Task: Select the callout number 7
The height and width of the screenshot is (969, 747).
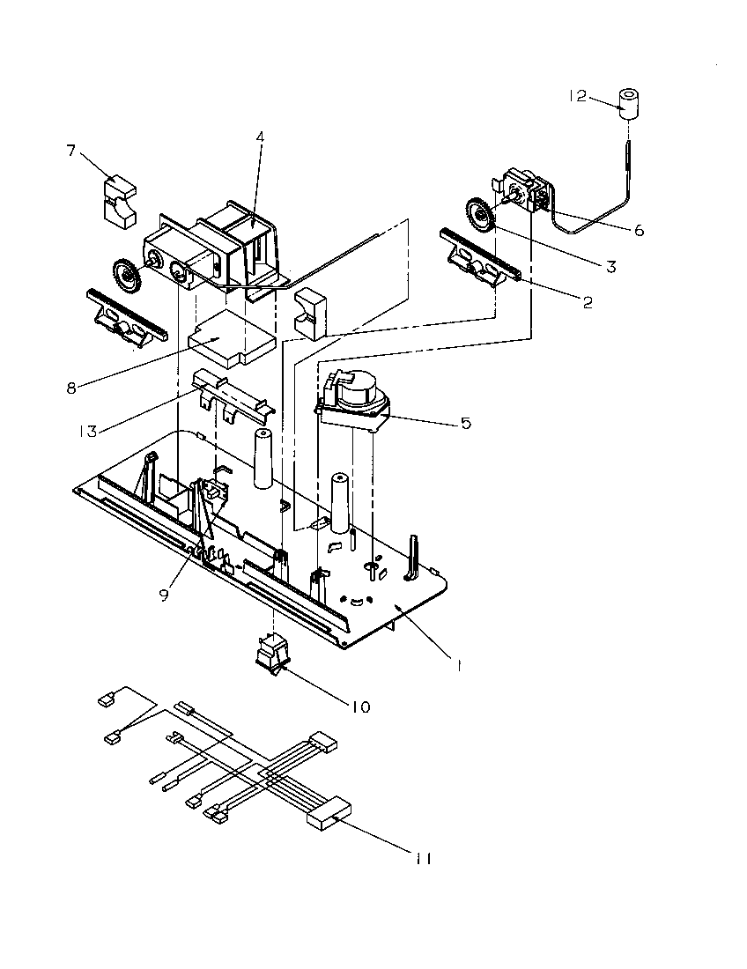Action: pyautogui.click(x=71, y=150)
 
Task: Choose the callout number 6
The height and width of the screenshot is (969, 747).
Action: pyautogui.click(x=638, y=230)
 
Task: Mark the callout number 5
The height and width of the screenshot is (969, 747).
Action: pyautogui.click(x=464, y=423)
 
